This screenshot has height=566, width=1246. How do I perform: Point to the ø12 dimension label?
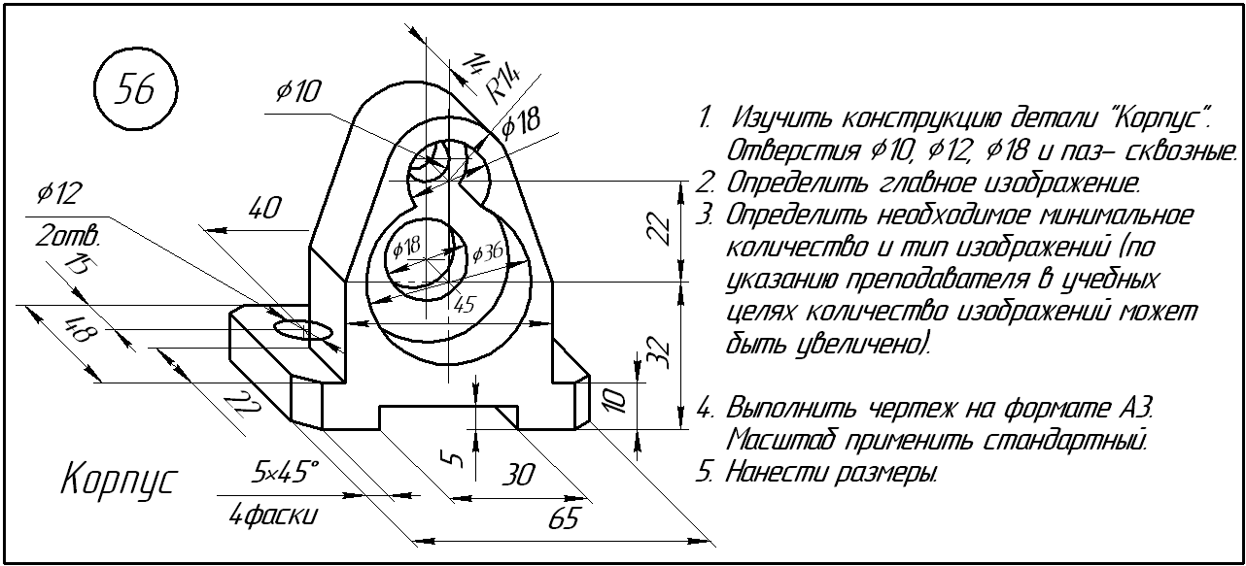coord(57,194)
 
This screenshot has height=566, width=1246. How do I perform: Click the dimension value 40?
coord(264,209)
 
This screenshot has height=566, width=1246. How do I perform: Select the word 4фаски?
coord(272,516)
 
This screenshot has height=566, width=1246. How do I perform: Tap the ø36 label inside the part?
coord(487,253)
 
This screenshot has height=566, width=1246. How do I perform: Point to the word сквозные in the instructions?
coord(1177,151)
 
